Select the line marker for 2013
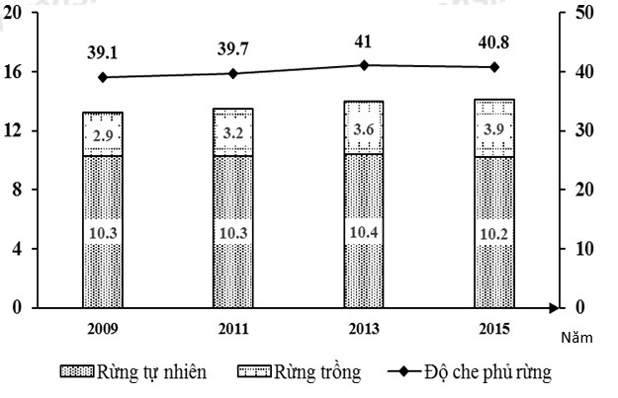coord(365,65)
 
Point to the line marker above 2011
coord(233,73)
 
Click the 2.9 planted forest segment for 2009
coord(103,135)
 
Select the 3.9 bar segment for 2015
coord(495,129)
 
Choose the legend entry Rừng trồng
coord(300,372)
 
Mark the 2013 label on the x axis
coord(365,328)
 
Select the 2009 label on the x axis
coord(103,328)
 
